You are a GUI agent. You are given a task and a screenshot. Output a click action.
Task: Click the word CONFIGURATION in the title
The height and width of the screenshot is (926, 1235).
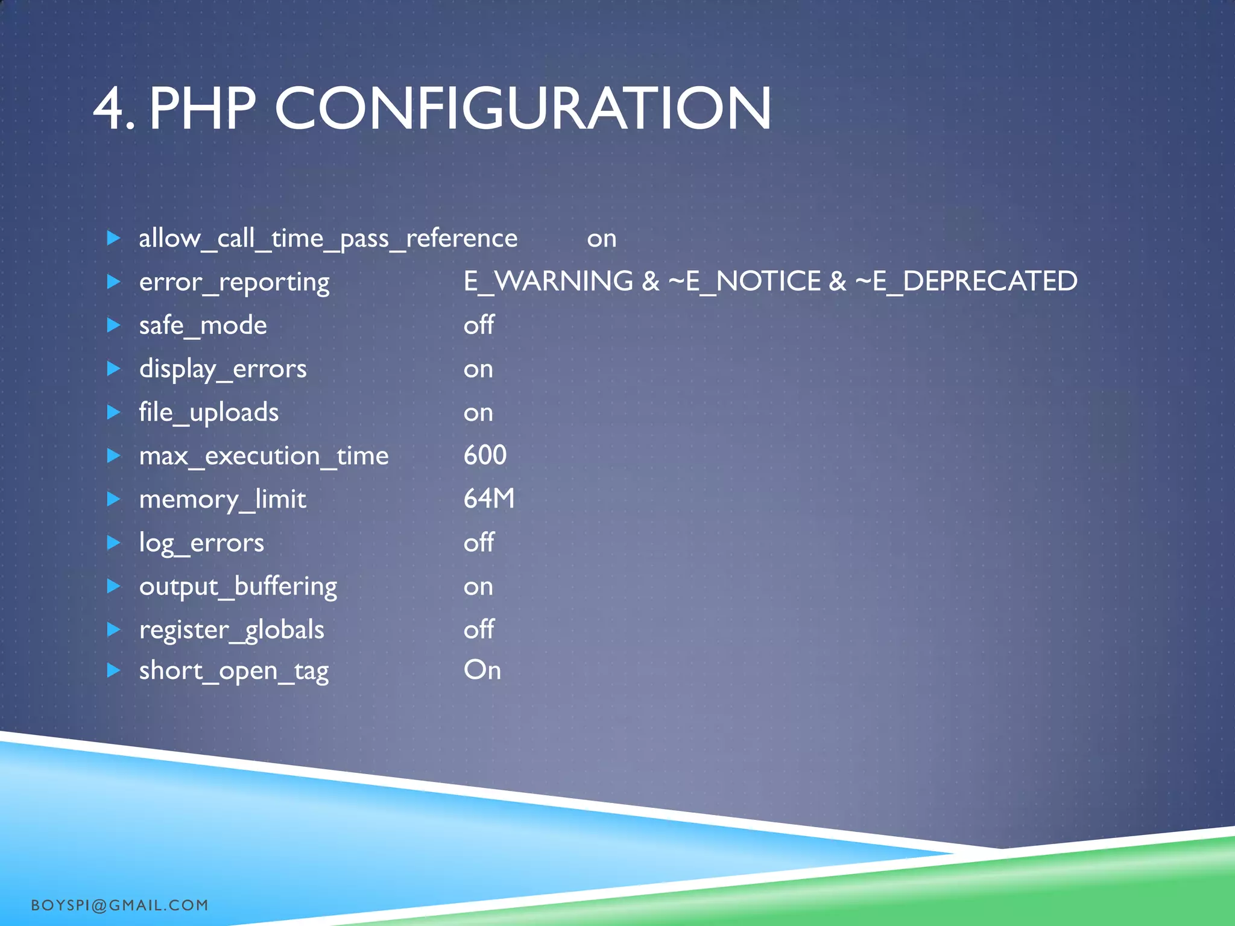[x=522, y=109]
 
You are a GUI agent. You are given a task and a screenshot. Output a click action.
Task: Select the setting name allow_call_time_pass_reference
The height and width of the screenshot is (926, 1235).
[x=328, y=239]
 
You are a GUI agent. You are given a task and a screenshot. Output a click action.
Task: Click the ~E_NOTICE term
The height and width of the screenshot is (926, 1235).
[x=744, y=282]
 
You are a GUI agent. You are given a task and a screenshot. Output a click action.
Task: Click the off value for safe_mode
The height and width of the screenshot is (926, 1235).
[x=479, y=326]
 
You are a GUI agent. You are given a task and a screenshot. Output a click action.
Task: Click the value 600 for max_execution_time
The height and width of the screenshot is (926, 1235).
[x=485, y=455]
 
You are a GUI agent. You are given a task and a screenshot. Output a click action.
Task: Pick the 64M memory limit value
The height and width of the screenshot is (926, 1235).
[x=489, y=499]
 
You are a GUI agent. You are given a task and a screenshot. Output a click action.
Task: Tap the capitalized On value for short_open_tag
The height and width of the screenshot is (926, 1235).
[x=482, y=670]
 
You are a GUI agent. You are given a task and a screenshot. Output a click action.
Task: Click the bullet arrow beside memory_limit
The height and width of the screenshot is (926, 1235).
[x=113, y=499]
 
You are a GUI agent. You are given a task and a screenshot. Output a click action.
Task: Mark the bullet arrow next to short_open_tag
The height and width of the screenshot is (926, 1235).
[x=113, y=670]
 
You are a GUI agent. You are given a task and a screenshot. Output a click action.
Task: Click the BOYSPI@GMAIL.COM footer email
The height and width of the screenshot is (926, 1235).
[x=119, y=905]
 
